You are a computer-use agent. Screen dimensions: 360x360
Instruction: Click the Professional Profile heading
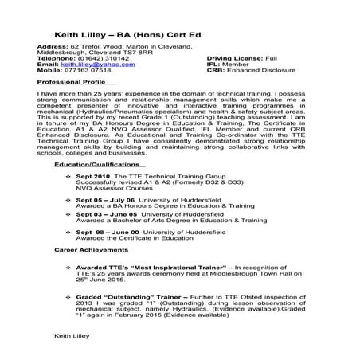tap(72, 81)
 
